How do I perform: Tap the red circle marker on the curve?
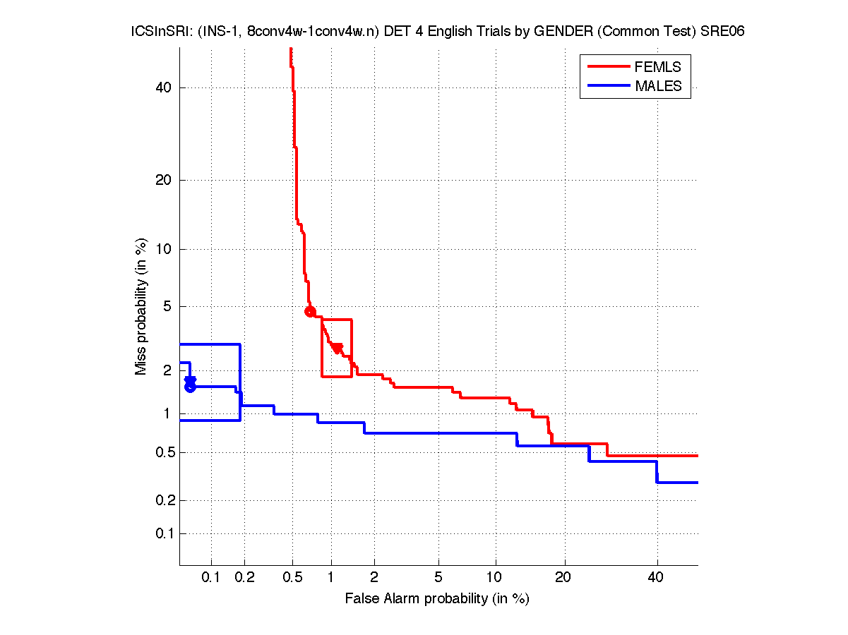coord(309,312)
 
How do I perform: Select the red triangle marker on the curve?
coord(338,347)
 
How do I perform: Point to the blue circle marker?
coord(190,387)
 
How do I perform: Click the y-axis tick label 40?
coord(164,87)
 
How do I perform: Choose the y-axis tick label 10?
coord(164,249)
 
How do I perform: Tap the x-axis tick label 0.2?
coord(244,578)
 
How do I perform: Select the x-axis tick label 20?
coord(563,578)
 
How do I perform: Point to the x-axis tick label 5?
coord(439,578)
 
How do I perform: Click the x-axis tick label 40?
coord(657,578)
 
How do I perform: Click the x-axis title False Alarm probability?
coord(437,599)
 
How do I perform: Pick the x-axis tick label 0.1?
coord(211,578)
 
